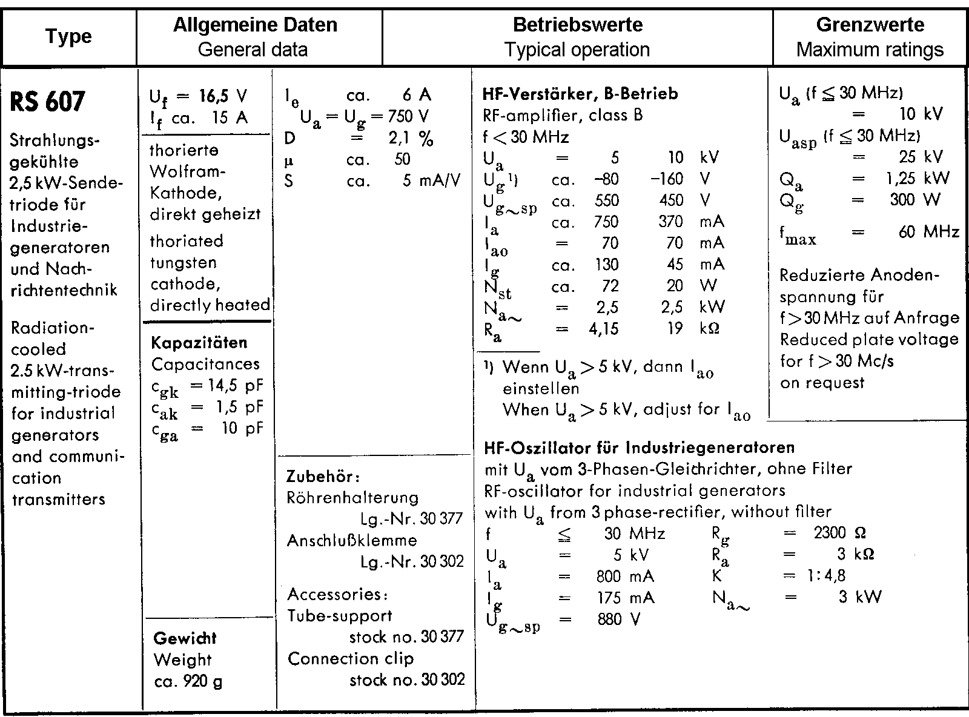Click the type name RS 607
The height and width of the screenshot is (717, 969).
click(x=48, y=102)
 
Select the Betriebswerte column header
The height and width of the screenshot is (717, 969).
click(x=577, y=25)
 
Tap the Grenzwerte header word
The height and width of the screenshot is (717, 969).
click(x=870, y=25)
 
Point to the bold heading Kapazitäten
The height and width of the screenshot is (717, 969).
click(x=199, y=343)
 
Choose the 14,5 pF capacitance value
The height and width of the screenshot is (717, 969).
click(x=226, y=386)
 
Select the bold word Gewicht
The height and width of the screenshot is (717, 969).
click(x=185, y=638)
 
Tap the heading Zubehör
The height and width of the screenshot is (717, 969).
click(x=323, y=476)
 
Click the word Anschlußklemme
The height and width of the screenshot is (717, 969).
click(x=352, y=540)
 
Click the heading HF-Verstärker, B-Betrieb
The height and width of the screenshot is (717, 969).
click(x=580, y=94)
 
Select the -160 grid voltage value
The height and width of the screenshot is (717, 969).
click(x=666, y=179)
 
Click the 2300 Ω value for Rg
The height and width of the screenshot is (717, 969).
click(x=839, y=533)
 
